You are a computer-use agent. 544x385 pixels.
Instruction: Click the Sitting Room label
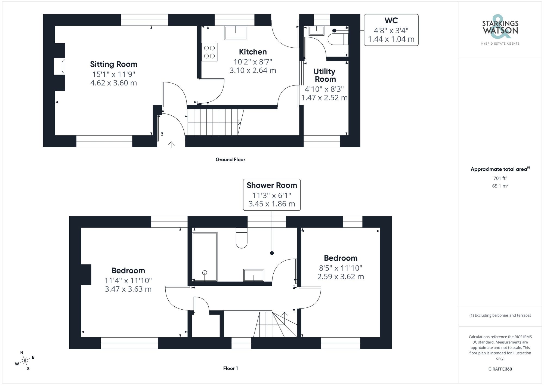pyautogui.click(x=114, y=64)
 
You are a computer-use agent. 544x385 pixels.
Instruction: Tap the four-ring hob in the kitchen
pyautogui.click(x=209, y=52)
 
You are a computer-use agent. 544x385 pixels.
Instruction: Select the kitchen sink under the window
pyautogui.click(x=236, y=33)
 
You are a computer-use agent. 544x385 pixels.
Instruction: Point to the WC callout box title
pyautogui.click(x=391, y=21)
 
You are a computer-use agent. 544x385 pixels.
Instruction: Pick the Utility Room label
pyautogui.click(x=325, y=75)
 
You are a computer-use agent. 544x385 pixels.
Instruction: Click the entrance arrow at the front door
pyautogui.click(x=171, y=145)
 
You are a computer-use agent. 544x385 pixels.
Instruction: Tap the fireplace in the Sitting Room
pyautogui.click(x=60, y=66)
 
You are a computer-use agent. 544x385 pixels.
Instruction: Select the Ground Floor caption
pyautogui.click(x=230, y=159)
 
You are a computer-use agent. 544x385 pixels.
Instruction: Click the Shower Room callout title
pyautogui.click(x=272, y=185)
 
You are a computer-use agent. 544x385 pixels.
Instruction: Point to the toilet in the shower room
pyautogui.click(x=242, y=238)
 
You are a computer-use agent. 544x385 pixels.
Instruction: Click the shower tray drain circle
pyautogui.click(x=205, y=273)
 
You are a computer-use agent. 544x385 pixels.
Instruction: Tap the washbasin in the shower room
pyautogui.click(x=254, y=275)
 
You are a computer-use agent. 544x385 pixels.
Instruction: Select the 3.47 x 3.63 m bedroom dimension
pyautogui.click(x=128, y=289)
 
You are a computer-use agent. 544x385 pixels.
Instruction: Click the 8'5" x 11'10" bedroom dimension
pyautogui.click(x=341, y=268)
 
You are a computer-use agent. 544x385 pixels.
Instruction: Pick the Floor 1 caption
pyautogui.click(x=230, y=368)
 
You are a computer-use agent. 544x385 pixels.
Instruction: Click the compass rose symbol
pyautogui.click(x=25, y=361)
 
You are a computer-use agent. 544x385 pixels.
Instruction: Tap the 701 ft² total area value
pyautogui.click(x=500, y=178)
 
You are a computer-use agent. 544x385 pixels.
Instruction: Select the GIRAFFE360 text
pyautogui.click(x=500, y=369)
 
